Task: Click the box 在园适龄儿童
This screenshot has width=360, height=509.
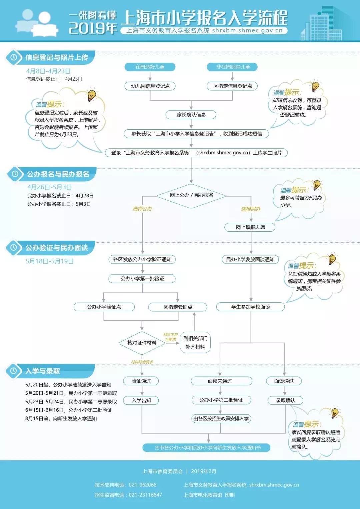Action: (150, 67)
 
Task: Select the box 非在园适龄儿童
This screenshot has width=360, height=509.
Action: (233, 67)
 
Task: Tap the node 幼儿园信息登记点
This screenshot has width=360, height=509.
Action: (150, 86)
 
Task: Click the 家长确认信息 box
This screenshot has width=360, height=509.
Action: (191, 115)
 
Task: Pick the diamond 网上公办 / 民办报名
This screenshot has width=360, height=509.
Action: (191, 195)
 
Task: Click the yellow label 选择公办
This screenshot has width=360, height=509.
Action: (142, 209)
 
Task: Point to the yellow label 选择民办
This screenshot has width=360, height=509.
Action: (251, 209)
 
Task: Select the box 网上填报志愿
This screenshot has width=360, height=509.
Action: (250, 227)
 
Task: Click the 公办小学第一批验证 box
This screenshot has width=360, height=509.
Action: (142, 279)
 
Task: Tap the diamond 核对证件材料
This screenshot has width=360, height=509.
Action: (142, 343)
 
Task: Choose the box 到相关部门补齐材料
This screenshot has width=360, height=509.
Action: (195, 343)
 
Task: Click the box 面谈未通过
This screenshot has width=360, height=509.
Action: (220, 381)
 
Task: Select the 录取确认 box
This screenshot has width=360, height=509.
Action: (285, 400)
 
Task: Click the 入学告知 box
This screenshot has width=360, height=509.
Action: (142, 400)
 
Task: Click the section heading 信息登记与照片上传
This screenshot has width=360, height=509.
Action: (57, 58)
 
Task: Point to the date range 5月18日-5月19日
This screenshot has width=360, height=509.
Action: (50, 261)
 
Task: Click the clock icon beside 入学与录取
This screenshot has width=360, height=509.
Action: (14, 371)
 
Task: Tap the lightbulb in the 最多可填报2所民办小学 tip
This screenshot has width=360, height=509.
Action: (316, 184)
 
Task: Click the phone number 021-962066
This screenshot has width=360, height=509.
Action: (142, 485)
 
